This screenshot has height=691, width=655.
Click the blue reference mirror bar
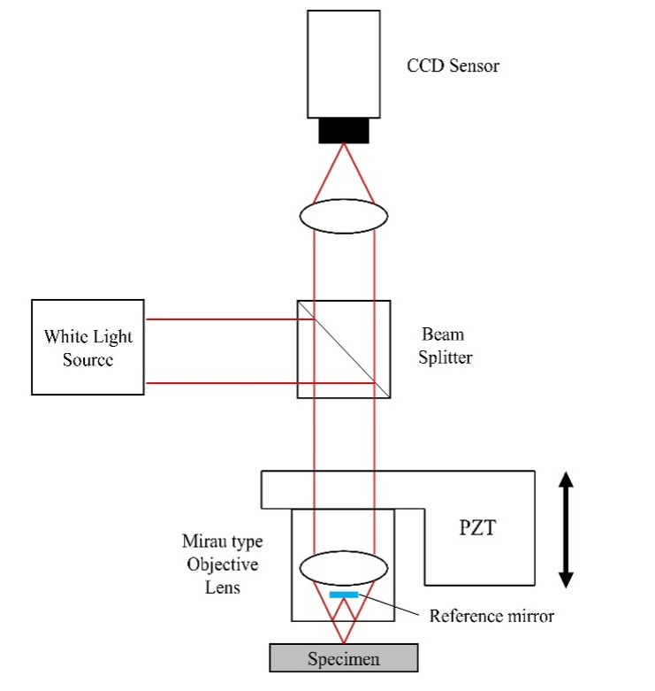344,595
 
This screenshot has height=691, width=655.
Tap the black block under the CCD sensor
344,130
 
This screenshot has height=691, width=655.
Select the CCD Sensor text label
453,65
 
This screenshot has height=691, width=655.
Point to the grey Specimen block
344,658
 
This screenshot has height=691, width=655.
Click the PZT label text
477,527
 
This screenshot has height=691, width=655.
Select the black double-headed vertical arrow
566,529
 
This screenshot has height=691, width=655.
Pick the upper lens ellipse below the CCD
344,216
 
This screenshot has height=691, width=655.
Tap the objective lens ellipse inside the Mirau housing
344,568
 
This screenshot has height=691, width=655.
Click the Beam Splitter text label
445,346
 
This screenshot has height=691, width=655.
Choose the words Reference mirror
491,616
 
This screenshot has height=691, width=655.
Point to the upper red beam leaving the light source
230,319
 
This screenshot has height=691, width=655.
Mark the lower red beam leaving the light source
260,383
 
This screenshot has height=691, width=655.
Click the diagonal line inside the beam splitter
344,349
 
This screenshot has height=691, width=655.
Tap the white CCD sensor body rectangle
344,65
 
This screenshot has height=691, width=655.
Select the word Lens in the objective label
223,587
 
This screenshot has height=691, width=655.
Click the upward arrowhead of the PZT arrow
566,479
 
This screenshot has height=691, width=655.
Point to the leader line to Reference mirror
389,604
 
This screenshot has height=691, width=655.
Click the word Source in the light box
88,359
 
